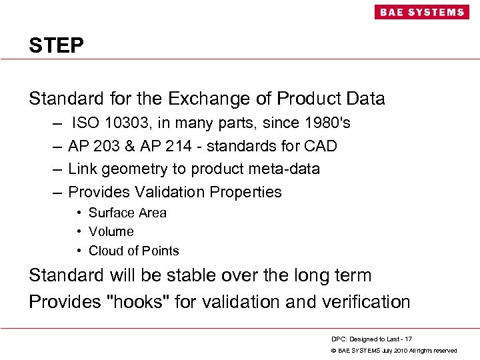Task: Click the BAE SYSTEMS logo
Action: [421, 12]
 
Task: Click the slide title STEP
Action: [56, 45]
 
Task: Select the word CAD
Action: [320, 146]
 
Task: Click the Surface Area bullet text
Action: [127, 213]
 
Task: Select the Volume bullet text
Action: [111, 231]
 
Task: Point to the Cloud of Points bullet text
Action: [133, 251]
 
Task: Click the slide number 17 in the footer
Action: [408, 339]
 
